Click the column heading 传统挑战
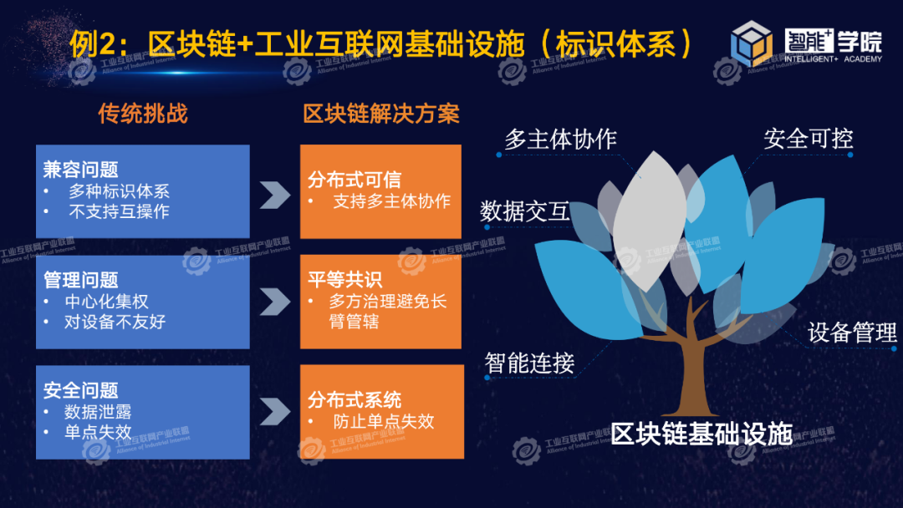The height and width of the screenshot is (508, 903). click(143, 114)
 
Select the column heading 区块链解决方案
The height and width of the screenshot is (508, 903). click(381, 114)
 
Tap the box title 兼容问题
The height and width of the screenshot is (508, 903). click(80, 169)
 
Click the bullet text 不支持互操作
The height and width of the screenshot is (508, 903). click(120, 211)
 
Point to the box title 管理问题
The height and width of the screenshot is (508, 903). click(80, 280)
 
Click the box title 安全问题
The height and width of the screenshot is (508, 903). click(80, 390)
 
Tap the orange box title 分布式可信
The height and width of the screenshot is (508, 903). click(355, 180)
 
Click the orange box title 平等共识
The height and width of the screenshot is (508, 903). click(344, 280)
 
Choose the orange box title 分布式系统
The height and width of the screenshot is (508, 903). click(355, 399)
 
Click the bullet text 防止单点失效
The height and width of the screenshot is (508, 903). click(384, 421)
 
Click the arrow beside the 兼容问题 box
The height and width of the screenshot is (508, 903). click(275, 195)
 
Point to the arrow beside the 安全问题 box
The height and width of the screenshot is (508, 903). click(275, 411)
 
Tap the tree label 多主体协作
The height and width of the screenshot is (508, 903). click(560, 139)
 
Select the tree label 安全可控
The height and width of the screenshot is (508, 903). click(808, 138)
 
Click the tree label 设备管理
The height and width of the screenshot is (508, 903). click(852, 332)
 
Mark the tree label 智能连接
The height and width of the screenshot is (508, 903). click(529, 363)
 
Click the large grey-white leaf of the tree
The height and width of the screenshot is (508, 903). click(650, 221)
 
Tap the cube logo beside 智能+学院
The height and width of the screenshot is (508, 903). click(752, 43)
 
